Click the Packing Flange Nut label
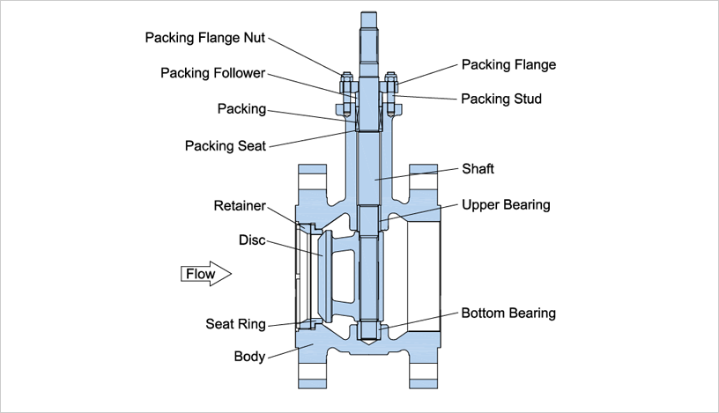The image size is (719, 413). coord(204,38)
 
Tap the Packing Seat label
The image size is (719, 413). coord(225,144)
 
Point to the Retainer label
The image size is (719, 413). coord(240,206)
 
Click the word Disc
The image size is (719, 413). coord(252,240)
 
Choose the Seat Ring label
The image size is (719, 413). coord(235,324)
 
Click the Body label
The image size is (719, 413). coord(249,357)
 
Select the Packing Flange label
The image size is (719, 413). coord(508,65)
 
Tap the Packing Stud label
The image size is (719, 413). coord(500,99)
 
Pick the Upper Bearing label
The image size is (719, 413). coord(506,205)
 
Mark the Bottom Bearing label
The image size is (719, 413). coord(508,313)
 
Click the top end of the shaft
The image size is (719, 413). coord(369,16)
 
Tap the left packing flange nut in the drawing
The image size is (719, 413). coord(346,86)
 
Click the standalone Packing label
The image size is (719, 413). coord(241,109)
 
